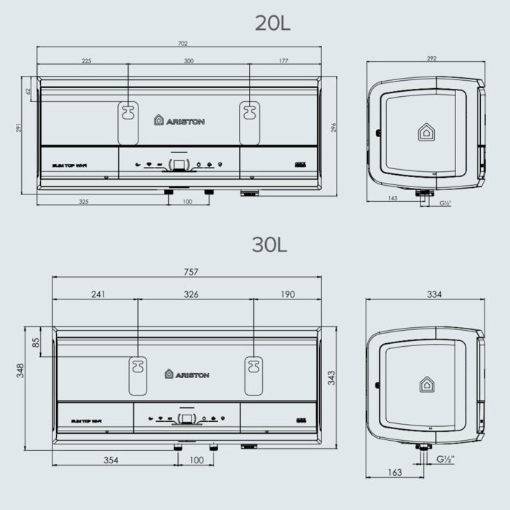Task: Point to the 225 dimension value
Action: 87,61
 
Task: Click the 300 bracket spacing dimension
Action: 189,61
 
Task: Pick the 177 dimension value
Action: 283,61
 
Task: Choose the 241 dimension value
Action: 98,294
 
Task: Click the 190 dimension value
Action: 287,294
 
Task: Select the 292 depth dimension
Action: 431,59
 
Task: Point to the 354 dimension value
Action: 111,460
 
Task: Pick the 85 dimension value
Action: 36,342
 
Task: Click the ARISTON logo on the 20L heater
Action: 179,121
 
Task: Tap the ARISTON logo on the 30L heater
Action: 187,374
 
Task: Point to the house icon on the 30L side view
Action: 425,384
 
